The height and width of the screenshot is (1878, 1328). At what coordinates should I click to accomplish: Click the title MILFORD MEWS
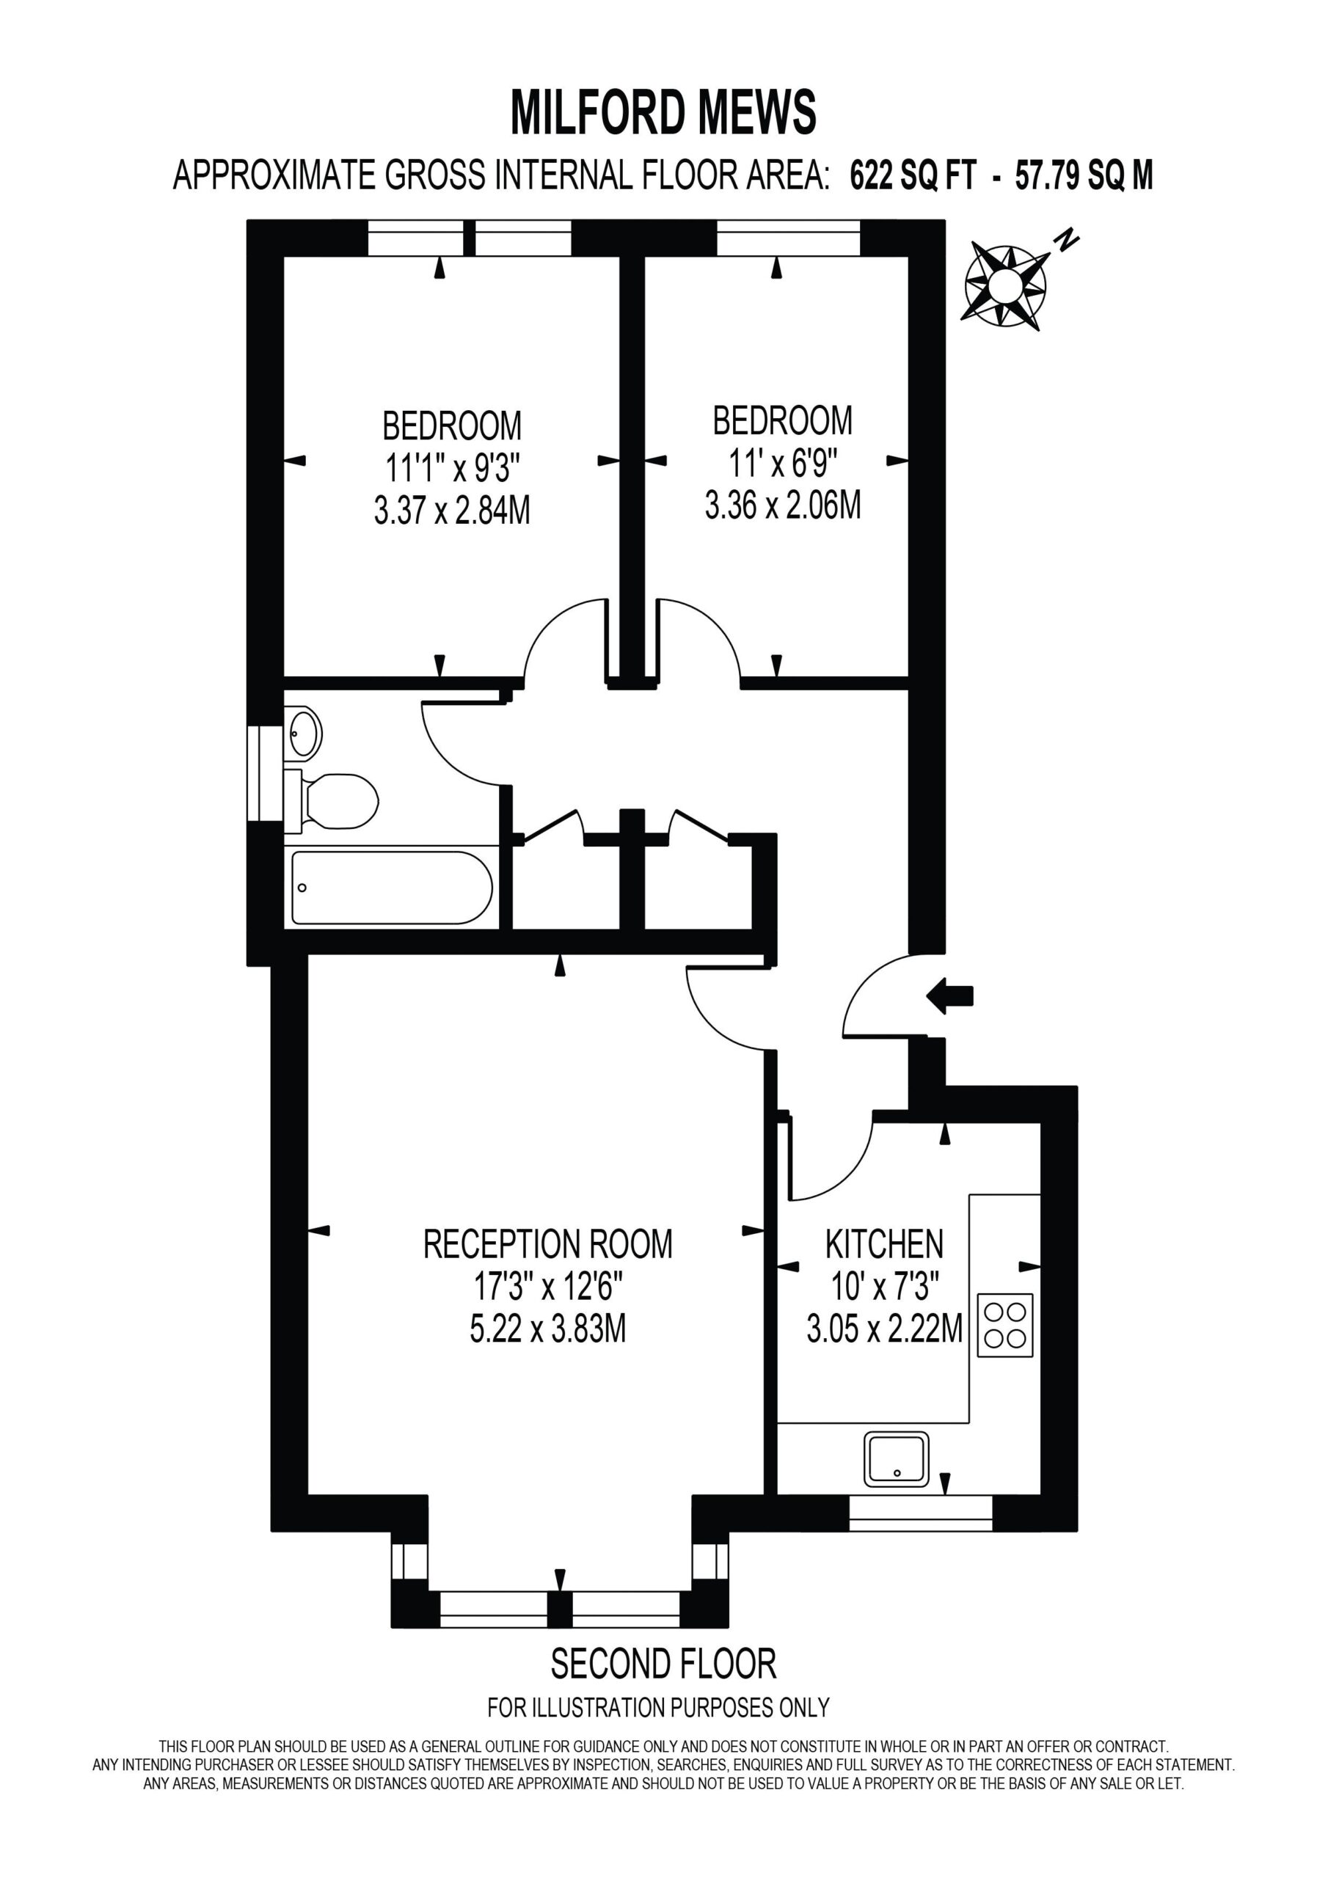point(663,112)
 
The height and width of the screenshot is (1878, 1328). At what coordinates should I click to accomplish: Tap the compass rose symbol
point(1004,285)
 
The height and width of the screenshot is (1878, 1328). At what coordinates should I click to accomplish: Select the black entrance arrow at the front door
point(949,995)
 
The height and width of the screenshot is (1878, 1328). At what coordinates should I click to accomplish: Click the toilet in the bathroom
point(332,800)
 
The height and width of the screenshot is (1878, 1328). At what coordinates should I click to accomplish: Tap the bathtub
point(392,888)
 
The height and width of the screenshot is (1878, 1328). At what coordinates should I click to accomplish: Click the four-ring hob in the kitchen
point(1004,1325)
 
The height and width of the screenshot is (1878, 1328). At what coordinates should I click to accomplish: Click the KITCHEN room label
point(883,1245)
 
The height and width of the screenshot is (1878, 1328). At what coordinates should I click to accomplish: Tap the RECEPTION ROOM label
point(547,1244)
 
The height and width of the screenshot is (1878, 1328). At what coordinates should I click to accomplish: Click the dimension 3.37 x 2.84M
point(452,511)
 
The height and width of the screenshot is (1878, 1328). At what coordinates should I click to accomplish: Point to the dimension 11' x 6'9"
point(782,464)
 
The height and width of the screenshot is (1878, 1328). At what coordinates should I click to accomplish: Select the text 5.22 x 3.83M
point(547,1329)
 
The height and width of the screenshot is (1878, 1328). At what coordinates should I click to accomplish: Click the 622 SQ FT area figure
point(913,175)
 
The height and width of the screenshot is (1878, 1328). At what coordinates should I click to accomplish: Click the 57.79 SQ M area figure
point(1084,175)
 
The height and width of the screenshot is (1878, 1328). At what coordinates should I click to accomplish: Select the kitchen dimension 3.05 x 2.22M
point(885,1329)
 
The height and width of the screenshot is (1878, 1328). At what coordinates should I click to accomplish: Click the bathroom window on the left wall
point(265,772)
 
